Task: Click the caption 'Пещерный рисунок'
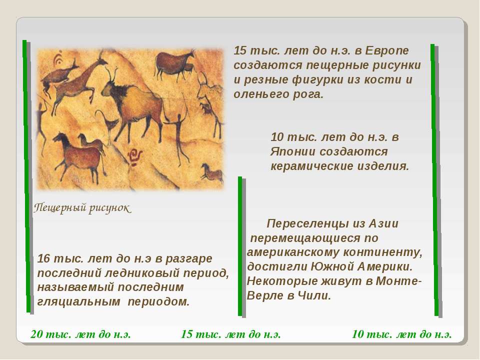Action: coord(82,208)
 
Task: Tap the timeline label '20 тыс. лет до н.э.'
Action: coord(81,334)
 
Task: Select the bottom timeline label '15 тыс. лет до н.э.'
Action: coord(231,334)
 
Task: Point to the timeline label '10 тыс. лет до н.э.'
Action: coord(401,334)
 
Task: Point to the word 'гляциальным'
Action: coord(78,302)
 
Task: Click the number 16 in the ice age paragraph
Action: coord(43,258)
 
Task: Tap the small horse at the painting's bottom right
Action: coord(212,173)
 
